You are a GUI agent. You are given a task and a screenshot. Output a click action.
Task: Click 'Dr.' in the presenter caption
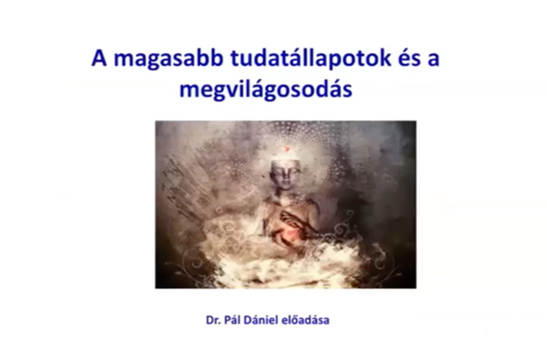tap(217, 321)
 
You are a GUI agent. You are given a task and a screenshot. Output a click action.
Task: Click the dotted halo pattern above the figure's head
tap(286, 132)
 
